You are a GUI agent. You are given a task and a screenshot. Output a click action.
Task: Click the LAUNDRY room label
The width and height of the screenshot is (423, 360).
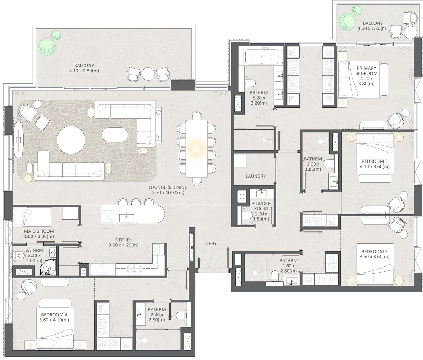point(255,176)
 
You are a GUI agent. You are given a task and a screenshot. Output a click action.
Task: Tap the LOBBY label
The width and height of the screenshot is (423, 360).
point(210,243)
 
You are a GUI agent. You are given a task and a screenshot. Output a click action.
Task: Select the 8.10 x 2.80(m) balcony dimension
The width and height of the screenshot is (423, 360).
point(84,71)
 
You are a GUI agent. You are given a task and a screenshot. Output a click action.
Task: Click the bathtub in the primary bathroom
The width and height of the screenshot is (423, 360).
point(261,57)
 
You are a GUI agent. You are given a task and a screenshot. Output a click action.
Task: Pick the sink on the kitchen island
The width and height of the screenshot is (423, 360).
point(126,218)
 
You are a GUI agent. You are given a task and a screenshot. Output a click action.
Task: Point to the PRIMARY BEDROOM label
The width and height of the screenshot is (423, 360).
point(366,71)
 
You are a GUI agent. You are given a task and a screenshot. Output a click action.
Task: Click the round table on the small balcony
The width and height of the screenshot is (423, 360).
point(410,32)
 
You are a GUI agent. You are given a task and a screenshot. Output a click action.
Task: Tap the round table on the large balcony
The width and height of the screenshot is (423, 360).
point(149,74)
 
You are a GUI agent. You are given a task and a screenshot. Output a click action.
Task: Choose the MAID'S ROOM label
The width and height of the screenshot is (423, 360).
point(39,231)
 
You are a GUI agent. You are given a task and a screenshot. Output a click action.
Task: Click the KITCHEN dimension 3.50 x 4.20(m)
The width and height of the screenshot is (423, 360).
point(123,245)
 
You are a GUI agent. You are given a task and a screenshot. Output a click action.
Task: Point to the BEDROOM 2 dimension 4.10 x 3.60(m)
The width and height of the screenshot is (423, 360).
point(375,166)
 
